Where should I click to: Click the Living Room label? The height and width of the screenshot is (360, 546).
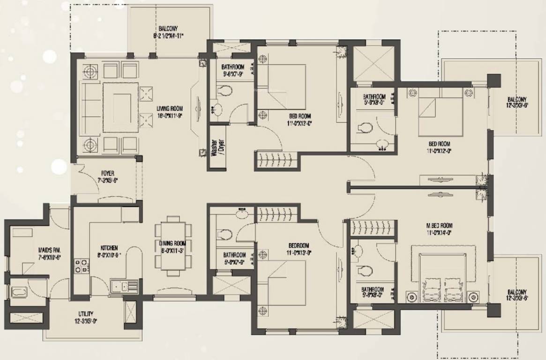(x=170, y=108)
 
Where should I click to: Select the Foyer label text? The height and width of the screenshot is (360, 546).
(x=108, y=173)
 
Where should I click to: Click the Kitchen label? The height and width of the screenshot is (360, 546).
(x=109, y=247)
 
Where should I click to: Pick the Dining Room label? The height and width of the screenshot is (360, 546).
(x=172, y=243)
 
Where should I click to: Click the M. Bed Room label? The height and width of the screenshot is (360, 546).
(x=440, y=225)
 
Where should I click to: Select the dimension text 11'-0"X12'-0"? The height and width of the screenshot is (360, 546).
(x=439, y=151)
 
